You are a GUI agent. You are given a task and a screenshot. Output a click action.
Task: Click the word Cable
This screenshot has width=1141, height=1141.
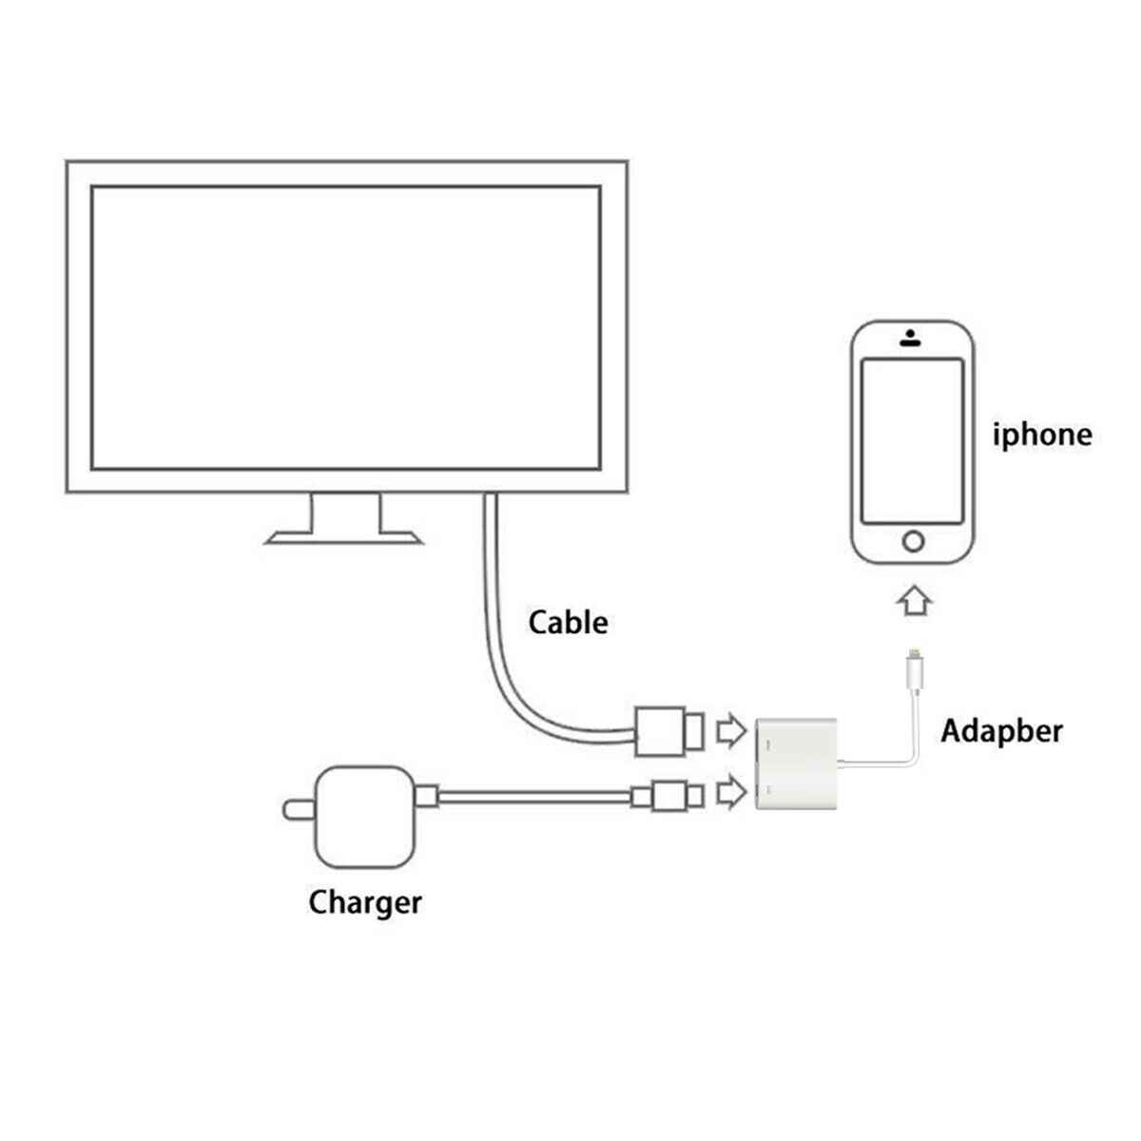(568, 623)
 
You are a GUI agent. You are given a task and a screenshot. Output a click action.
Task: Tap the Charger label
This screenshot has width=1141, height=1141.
(364, 901)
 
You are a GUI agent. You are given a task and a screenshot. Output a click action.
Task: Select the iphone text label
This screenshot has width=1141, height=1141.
(1042, 435)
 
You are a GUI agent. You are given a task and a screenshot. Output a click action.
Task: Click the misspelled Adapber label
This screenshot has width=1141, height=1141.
(1001, 731)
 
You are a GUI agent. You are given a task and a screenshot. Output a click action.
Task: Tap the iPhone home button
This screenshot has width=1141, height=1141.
(913, 542)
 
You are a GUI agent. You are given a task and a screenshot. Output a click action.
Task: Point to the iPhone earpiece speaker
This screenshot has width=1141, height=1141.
(912, 342)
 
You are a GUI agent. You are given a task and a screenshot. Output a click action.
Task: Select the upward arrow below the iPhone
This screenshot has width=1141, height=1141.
(914, 602)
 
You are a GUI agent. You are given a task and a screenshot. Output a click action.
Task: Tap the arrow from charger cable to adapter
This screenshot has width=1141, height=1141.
(729, 792)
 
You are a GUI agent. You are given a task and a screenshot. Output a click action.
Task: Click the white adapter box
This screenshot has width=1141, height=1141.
(796, 764)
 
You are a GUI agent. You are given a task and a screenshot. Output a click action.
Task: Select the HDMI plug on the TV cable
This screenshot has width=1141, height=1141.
(668, 731)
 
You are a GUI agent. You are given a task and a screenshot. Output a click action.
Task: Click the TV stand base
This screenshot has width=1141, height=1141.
(344, 538)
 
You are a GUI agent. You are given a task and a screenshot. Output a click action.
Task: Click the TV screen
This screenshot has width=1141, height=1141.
(346, 327)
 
